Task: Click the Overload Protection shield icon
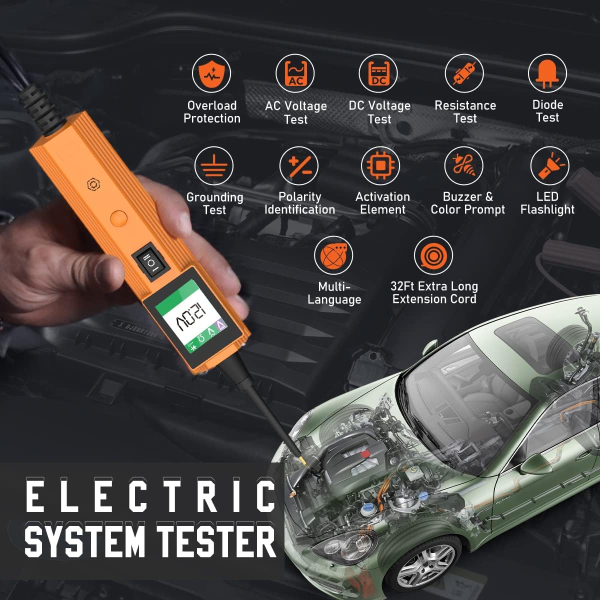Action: (x=211, y=73)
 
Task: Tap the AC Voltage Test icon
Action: (x=295, y=73)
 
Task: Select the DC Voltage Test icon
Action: (x=378, y=73)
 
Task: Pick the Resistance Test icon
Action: (x=464, y=73)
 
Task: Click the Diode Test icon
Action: (x=547, y=73)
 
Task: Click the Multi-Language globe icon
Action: (x=333, y=255)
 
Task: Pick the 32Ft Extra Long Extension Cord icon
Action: (x=433, y=255)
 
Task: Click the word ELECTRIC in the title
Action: (x=150, y=495)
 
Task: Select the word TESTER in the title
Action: (x=217, y=540)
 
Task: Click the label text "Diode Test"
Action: (x=547, y=111)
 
